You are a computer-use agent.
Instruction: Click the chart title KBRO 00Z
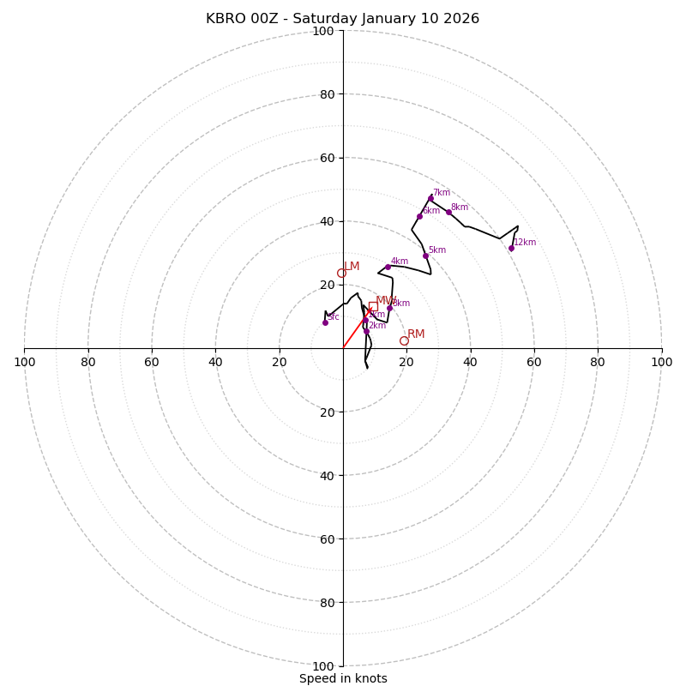pos(342,19)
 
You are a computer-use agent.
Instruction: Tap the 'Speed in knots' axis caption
pos(343,678)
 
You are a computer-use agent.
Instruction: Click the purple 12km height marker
pos(511,248)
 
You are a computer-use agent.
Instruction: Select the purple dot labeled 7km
pos(430,198)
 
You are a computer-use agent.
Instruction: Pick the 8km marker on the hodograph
pos(448,212)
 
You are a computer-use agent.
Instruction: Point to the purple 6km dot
pos(419,216)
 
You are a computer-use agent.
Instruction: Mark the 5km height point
pos(425,256)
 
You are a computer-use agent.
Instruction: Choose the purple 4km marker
pos(388,267)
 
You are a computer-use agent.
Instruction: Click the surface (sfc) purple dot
pos(325,322)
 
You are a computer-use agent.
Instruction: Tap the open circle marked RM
pos(404,340)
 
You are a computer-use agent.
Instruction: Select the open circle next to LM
pos(341,274)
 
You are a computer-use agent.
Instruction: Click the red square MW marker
pos(373,306)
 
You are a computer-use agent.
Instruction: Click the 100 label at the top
pos(323,31)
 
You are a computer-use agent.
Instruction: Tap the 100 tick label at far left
pos(24,362)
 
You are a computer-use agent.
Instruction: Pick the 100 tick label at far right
pos(662,362)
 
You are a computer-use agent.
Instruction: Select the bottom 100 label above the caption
pos(323,665)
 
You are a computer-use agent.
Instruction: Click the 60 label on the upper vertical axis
pos(326,158)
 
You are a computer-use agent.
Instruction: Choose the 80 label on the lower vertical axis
pos(326,602)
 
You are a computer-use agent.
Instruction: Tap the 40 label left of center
pos(215,362)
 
